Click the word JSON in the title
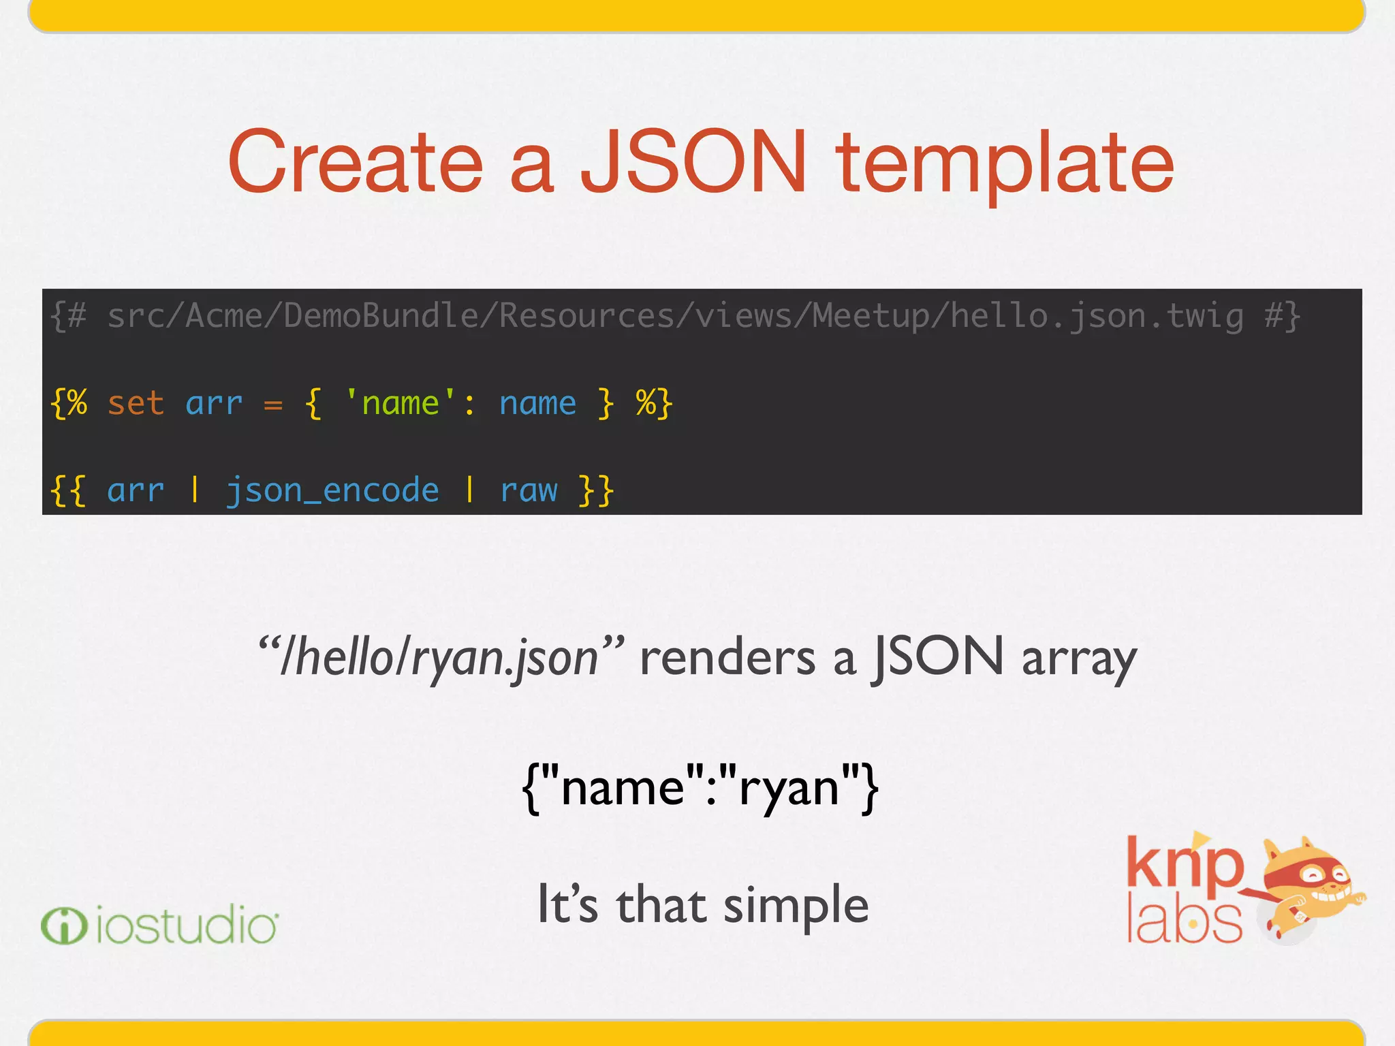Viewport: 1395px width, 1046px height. pos(693,162)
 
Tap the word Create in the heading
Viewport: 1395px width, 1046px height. pos(356,162)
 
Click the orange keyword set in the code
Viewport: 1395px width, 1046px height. pos(136,403)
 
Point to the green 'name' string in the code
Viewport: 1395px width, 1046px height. pos(401,403)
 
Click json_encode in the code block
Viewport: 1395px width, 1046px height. pos(332,490)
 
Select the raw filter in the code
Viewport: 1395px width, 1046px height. pos(529,490)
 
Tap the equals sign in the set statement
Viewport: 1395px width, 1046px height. pos(273,405)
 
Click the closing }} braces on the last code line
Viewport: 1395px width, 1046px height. pos(597,490)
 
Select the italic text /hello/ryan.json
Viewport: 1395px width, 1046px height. pos(439,658)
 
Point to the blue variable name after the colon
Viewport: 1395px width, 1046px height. pos(537,403)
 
